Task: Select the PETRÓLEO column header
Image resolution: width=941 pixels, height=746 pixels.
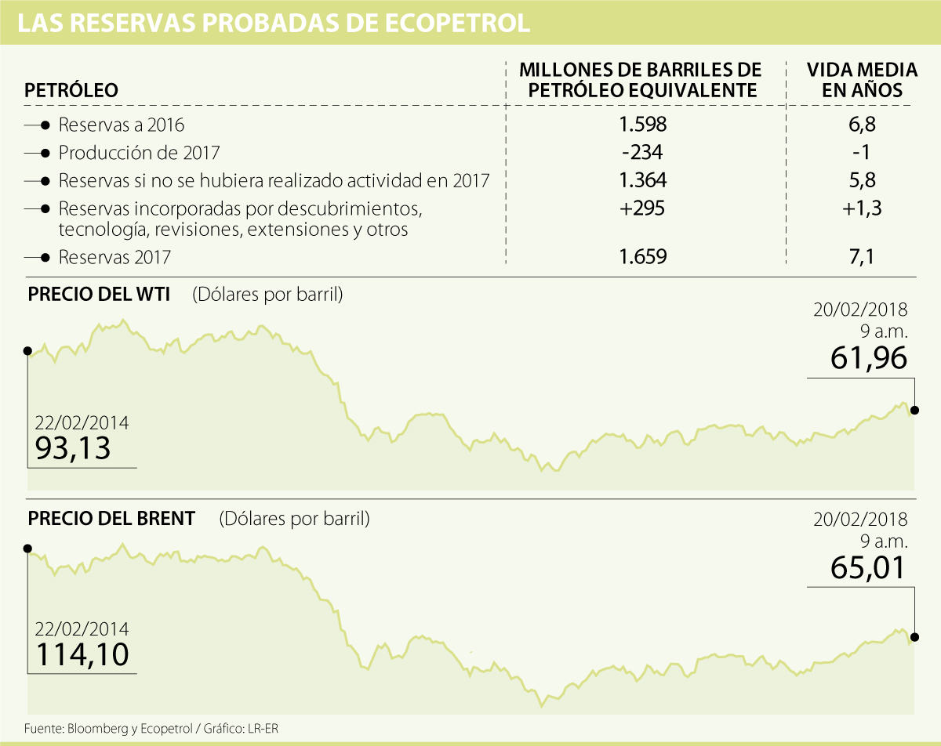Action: tap(71, 90)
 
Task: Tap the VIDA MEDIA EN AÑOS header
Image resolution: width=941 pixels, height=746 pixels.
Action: tap(863, 79)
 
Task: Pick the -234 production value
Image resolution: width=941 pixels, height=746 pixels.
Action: tap(642, 152)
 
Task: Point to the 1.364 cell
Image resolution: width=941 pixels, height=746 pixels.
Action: tap(642, 180)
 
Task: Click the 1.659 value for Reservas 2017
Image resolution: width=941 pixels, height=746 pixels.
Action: tap(642, 256)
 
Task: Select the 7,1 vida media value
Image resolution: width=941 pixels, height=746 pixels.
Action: tap(863, 256)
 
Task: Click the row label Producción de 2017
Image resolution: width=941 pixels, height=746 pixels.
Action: tap(140, 153)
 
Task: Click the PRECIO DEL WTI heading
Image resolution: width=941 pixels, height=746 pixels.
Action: tap(100, 295)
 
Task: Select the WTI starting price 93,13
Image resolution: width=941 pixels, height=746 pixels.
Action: tap(73, 448)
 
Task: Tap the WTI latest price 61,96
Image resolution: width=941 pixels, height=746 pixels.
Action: tap(868, 358)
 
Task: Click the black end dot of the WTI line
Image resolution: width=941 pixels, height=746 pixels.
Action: tap(915, 410)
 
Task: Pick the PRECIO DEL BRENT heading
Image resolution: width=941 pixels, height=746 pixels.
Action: tap(111, 519)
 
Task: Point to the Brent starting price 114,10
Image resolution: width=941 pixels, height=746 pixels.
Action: tap(82, 653)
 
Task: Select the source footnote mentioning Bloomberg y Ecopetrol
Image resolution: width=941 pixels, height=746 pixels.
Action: tap(151, 728)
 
